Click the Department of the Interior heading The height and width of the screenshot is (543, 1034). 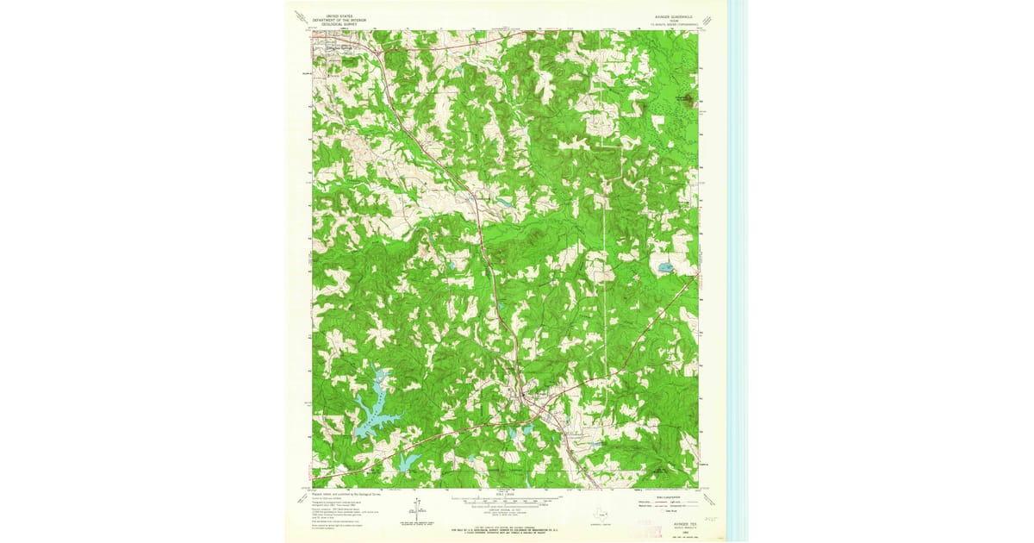pos(339,19)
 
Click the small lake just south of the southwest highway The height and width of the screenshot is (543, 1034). pos(406,462)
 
